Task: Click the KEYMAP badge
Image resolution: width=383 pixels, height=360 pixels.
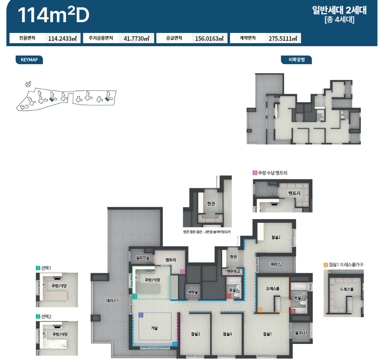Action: tap(29, 60)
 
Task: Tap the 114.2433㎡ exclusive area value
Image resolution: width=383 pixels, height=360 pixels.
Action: tap(63, 38)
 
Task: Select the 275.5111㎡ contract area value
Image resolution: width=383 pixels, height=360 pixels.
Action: tap(283, 38)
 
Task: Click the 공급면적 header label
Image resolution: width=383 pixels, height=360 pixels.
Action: tap(174, 38)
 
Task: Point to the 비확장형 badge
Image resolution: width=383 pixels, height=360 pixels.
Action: tap(296, 60)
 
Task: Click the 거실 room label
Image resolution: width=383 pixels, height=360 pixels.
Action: tap(154, 328)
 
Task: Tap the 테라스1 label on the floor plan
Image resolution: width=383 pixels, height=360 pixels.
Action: tap(112, 301)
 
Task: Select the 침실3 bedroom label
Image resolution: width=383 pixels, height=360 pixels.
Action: tap(195, 334)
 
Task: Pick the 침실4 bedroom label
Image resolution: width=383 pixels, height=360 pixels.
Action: tap(227, 334)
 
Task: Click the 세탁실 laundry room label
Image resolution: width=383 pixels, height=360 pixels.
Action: tap(193, 292)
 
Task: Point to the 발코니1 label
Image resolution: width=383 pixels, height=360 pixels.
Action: tap(301, 333)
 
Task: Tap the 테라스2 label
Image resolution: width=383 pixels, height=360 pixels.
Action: tap(276, 264)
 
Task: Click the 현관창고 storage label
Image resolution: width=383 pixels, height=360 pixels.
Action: tap(233, 271)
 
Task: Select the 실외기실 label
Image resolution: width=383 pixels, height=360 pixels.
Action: tap(142, 257)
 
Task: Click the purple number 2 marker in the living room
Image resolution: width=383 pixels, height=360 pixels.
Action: tap(141, 315)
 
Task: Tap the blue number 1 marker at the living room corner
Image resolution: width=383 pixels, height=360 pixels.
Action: tap(175, 344)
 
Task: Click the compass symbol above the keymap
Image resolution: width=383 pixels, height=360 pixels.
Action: tap(28, 84)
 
